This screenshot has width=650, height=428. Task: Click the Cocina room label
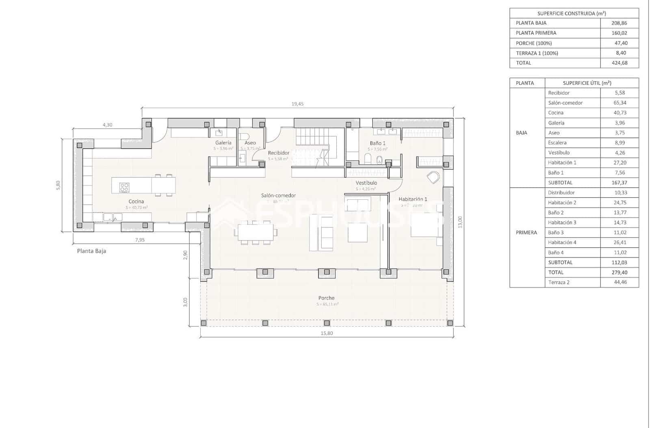point(136,201)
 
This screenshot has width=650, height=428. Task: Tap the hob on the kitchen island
point(124,187)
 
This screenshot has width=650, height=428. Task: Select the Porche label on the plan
point(326,298)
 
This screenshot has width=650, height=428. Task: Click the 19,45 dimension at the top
point(297,104)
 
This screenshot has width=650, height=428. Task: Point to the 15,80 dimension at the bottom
point(327,333)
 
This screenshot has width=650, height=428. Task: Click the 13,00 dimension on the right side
point(460,222)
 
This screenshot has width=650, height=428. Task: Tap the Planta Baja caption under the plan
point(91,251)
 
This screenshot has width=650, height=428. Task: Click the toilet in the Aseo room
point(244,136)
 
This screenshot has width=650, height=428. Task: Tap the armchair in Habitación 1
point(433,177)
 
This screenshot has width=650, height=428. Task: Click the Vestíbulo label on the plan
point(366,183)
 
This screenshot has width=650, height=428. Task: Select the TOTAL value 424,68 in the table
point(619,63)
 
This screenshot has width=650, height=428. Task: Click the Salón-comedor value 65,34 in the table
point(620,103)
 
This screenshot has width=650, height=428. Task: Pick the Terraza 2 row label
point(559,282)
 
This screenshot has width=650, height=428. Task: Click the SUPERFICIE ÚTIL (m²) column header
point(587,83)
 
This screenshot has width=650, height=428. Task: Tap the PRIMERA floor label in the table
point(526,233)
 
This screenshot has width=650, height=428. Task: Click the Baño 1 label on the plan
point(377,143)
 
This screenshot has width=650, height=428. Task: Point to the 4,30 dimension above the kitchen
point(107,125)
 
